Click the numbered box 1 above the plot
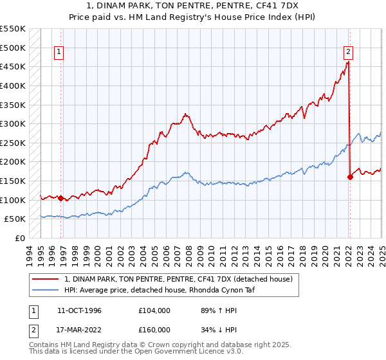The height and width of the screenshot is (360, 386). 59,53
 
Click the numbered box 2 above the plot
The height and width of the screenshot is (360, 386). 347,53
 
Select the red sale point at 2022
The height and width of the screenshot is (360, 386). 350,177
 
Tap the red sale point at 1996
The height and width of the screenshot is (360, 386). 61,198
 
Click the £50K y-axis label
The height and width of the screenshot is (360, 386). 15,219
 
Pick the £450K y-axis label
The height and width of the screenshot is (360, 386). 13,66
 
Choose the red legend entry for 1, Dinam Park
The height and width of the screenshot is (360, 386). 178,279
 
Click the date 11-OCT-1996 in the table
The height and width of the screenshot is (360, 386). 79,310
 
